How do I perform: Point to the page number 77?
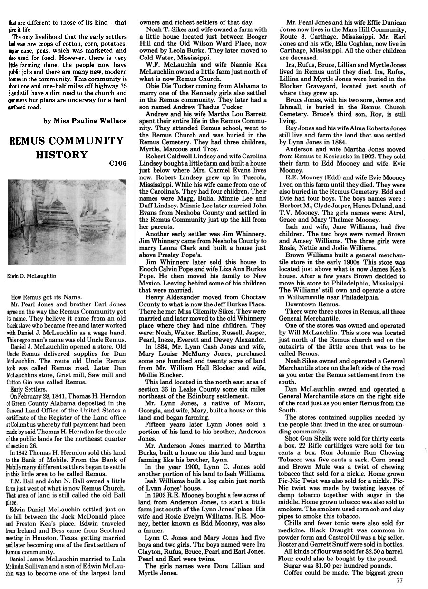(x=399, y=580)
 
